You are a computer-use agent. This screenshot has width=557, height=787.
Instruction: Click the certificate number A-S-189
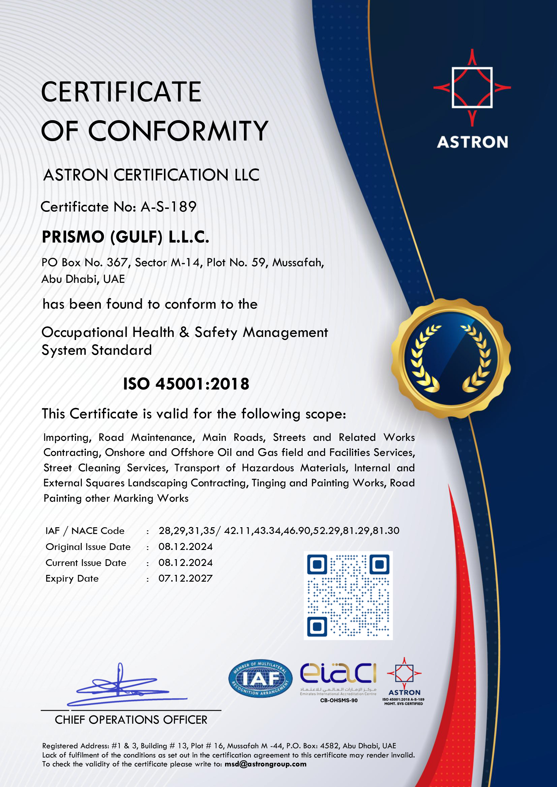(169, 207)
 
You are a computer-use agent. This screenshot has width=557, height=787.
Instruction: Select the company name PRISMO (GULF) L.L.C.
(125, 237)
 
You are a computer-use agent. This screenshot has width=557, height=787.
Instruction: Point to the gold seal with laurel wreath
(451, 358)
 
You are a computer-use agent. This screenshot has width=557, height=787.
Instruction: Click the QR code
(348, 595)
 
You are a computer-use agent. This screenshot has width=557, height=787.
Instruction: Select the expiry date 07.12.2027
(185, 579)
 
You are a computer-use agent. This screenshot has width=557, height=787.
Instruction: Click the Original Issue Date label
(88, 547)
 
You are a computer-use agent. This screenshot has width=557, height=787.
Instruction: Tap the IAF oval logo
(260, 678)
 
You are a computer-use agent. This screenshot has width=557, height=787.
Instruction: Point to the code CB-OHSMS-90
(339, 700)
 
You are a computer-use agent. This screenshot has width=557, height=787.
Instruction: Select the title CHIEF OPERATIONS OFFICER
(131, 720)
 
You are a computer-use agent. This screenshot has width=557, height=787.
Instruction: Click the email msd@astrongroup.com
(265, 764)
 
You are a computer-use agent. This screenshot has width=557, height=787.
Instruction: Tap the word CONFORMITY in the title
(178, 131)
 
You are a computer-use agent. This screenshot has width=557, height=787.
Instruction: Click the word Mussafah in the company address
(298, 263)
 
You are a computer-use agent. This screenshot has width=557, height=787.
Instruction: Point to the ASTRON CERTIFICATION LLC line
(151, 175)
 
